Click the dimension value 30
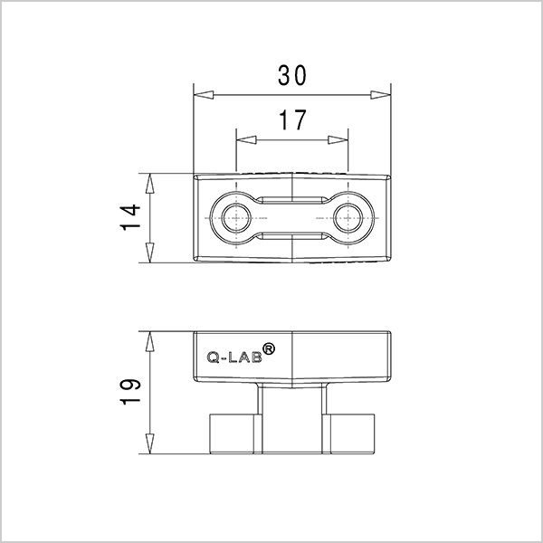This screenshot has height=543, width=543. tap(291, 76)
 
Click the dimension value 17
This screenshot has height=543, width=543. tap(291, 119)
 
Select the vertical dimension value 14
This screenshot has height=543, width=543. tap(132, 217)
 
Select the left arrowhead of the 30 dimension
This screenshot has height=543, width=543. tap(204, 95)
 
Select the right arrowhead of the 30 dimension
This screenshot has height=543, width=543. tap(380, 95)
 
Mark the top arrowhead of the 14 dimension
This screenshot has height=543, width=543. tap(150, 181)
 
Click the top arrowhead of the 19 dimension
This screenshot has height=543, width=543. tap(150, 340)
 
